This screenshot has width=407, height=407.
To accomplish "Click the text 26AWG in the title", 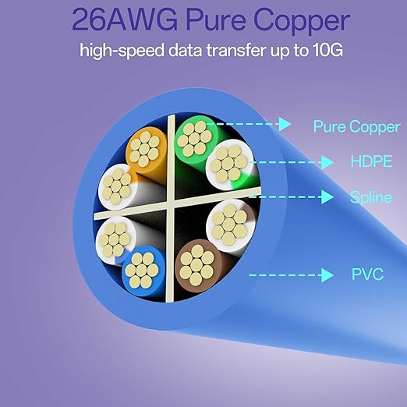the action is coord(125,20).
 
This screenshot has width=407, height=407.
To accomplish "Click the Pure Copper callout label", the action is coord(356,127).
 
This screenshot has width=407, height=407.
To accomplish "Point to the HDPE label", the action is coord(371,161).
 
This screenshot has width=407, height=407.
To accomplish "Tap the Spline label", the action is coord(370,197).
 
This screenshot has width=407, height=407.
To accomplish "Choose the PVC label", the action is coord(367,274).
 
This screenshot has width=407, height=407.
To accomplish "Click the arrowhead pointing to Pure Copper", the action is coord(285,124).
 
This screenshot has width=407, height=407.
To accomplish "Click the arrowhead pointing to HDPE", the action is coord(327,162).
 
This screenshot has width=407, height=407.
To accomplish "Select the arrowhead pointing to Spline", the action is coord(327,197).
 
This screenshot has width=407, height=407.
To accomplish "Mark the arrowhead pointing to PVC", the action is coord(327,275).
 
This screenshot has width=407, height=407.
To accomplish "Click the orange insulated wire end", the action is coord(146,150).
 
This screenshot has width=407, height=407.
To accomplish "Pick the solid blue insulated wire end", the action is coord(142,271).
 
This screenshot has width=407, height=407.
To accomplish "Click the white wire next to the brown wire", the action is coord(229,225).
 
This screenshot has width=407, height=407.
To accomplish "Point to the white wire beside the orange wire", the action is coord(117,186).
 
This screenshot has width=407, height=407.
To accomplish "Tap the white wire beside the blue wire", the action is coord(115,239).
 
